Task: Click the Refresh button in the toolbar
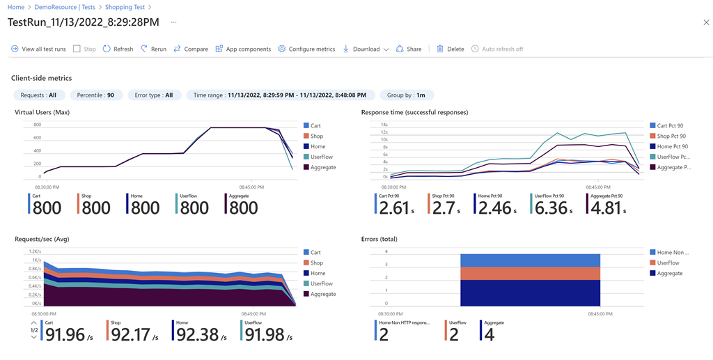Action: click(118, 49)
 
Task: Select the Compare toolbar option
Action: click(191, 49)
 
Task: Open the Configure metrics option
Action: click(306, 49)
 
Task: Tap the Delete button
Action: click(450, 49)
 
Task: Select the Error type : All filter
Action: click(154, 95)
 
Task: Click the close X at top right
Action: click(706, 22)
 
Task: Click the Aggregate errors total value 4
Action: click(489, 334)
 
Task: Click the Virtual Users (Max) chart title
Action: click(42, 112)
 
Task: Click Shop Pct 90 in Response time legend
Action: click(671, 136)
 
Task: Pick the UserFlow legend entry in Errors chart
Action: click(668, 263)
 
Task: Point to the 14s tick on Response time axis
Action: click(384, 125)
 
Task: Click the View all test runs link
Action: click(38, 49)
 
